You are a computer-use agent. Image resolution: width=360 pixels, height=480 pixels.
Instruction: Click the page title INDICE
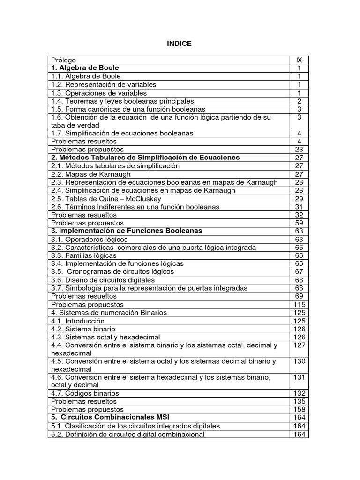(x=180, y=44)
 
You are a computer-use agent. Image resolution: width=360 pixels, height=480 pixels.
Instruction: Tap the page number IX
(x=299, y=60)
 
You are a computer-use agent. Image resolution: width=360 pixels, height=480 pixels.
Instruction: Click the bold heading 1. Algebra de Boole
(x=85, y=68)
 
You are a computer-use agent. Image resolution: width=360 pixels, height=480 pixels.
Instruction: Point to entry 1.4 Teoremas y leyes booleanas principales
(x=122, y=101)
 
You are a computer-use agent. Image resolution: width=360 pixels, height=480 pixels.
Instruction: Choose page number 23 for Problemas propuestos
(x=299, y=150)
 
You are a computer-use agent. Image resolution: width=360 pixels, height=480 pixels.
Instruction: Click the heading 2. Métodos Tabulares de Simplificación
(x=145, y=157)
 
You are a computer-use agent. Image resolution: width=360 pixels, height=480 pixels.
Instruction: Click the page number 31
(x=299, y=207)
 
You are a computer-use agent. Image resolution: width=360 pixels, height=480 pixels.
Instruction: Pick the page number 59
(x=299, y=223)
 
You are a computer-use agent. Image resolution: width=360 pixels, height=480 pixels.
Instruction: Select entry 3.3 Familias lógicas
(x=84, y=255)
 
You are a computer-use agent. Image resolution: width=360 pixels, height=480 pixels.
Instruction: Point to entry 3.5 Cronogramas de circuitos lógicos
(x=112, y=272)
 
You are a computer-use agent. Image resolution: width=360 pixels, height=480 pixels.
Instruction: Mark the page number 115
(x=299, y=305)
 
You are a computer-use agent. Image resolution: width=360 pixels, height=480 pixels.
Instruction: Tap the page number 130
(x=299, y=361)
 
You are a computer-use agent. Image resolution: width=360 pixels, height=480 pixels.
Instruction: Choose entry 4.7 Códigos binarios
(x=85, y=393)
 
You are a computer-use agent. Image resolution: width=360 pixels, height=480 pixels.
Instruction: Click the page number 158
(x=299, y=410)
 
